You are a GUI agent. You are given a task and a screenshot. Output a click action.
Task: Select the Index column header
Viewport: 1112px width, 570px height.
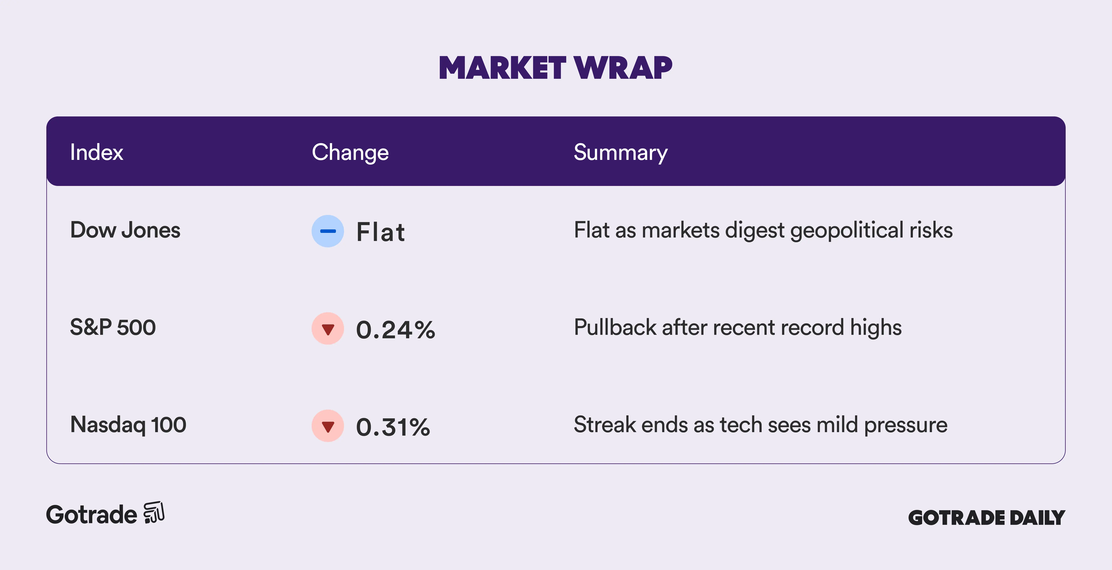(97, 152)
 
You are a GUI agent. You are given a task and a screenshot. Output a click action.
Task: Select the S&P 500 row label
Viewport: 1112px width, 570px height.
(113, 327)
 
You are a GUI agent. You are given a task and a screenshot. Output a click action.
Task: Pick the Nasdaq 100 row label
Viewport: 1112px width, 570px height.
(128, 425)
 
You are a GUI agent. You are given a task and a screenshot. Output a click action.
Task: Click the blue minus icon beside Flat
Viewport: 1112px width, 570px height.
(328, 231)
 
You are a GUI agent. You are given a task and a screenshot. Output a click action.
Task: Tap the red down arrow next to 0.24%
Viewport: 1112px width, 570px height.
(328, 329)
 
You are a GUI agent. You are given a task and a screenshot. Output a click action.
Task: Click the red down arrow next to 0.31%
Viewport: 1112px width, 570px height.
(328, 426)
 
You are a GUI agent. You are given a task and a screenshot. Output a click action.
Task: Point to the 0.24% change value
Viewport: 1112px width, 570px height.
(395, 330)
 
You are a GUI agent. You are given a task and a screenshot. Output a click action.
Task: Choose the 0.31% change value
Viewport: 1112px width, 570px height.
(393, 427)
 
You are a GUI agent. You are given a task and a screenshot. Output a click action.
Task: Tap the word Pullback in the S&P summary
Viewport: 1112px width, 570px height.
(615, 327)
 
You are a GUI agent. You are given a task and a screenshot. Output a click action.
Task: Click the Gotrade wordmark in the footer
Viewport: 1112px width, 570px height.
(92, 515)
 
